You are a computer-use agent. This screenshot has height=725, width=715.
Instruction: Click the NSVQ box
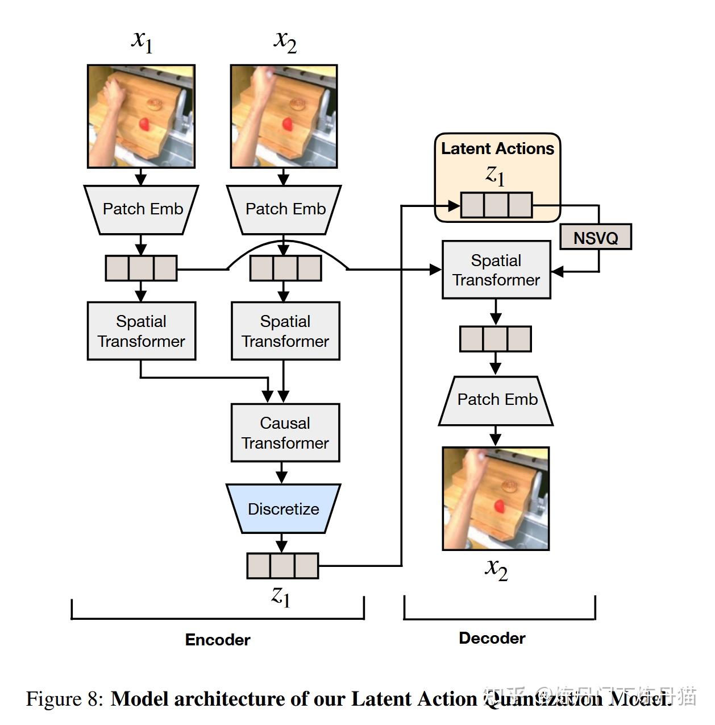(595, 237)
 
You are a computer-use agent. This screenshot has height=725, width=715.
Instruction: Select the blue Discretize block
(283, 508)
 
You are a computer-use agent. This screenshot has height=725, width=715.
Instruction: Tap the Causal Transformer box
(285, 433)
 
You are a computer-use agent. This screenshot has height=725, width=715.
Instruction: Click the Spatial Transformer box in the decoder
(496, 270)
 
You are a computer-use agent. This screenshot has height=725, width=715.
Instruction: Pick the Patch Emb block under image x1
(142, 209)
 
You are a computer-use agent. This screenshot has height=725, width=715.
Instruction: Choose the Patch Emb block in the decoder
(496, 400)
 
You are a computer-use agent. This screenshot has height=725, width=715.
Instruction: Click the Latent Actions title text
(497, 148)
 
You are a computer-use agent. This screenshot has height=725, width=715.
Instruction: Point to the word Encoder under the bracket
(218, 640)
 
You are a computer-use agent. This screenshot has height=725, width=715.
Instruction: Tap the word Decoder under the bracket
(492, 638)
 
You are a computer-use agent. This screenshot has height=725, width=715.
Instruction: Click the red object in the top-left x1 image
(145, 124)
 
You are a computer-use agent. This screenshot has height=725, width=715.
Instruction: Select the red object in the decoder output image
(500, 505)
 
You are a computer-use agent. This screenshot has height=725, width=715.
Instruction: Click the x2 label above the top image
(285, 41)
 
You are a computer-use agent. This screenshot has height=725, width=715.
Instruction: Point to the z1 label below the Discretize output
(281, 596)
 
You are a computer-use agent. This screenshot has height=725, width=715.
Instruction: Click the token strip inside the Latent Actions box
(496, 205)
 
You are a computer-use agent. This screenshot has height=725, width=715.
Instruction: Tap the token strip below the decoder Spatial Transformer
(495, 339)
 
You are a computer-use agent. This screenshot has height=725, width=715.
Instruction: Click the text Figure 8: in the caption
(64, 698)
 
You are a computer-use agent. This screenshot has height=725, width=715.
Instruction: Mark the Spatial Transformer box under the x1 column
(142, 331)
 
